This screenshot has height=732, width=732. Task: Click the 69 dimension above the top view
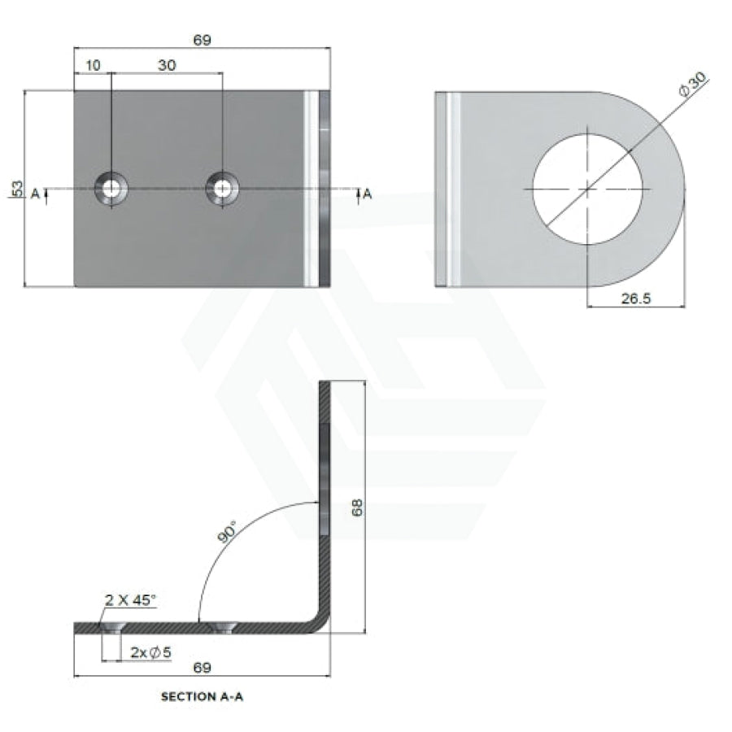pyautogui.click(x=203, y=40)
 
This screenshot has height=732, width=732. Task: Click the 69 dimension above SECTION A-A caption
pyautogui.click(x=203, y=668)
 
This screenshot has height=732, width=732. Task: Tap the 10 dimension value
pyautogui.click(x=93, y=65)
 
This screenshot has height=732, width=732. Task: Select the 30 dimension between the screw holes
pyautogui.click(x=167, y=65)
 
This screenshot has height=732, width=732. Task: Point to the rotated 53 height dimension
pyautogui.click(x=17, y=189)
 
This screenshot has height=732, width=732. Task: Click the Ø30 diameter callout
pyautogui.click(x=693, y=85)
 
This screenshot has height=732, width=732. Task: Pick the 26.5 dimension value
pyautogui.click(x=636, y=298)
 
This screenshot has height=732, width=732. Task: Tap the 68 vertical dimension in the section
pyautogui.click(x=357, y=508)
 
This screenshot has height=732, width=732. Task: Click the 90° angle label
pyautogui.click(x=228, y=532)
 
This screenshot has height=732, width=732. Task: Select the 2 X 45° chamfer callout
pyautogui.click(x=130, y=600)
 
